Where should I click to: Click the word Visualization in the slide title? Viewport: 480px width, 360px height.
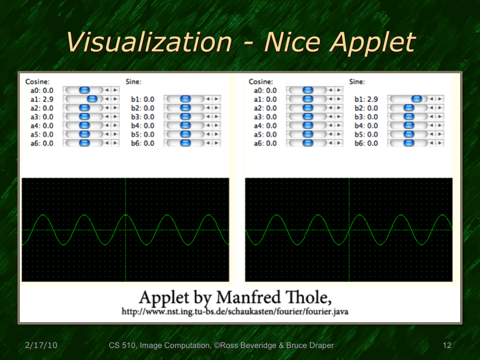149,43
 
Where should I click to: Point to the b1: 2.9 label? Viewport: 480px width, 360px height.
366,99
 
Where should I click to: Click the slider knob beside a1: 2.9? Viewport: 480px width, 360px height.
92,99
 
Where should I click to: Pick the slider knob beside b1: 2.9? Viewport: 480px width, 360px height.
416,99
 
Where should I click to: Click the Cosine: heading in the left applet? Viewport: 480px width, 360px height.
37,81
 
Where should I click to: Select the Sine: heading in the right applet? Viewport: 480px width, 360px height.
358,81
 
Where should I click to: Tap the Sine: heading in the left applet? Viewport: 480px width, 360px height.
134,81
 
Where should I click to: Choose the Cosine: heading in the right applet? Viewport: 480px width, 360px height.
261,81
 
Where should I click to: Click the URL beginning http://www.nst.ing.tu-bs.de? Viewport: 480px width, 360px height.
235,312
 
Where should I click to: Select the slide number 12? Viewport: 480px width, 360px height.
446,346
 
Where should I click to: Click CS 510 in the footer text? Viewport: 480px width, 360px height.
122,346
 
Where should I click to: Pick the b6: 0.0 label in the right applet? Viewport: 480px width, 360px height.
366,143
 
